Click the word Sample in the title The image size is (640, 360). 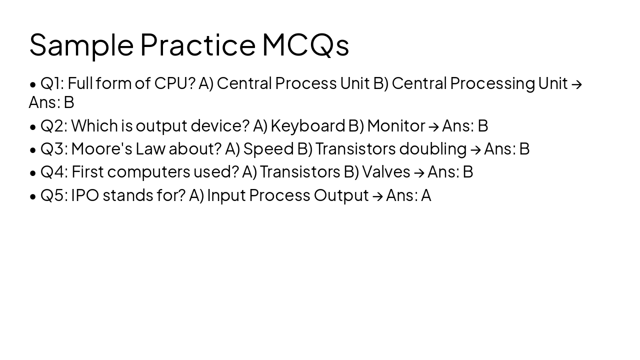tap(81, 45)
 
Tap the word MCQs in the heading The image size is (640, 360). tap(305, 45)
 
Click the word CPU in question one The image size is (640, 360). tap(174, 83)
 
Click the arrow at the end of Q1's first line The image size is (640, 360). tap(576, 84)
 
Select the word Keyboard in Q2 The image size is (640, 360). tap(307, 126)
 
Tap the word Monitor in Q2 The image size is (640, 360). tap(396, 126)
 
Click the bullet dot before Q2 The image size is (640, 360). tap(33, 127)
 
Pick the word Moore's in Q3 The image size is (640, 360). tap(101, 149)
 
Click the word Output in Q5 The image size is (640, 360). tap(341, 195)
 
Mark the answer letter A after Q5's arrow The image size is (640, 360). tap(426, 195)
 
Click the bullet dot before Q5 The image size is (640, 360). tap(33, 196)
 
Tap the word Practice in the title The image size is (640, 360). tap(197, 45)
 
